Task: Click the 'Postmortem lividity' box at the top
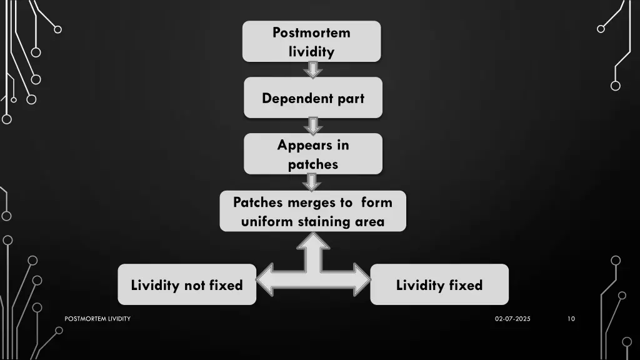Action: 311,41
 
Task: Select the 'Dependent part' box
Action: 312,97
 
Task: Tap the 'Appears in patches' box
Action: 312,154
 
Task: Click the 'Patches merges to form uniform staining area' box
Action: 312,211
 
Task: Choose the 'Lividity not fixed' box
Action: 187,285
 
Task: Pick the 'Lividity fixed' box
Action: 439,285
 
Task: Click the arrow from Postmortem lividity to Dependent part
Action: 312,69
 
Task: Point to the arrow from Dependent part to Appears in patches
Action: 312,126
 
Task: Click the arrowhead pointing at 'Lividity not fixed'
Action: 266,278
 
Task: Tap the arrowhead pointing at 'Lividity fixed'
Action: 361,278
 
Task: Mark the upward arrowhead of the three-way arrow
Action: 313,241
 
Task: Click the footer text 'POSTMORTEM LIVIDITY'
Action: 97,319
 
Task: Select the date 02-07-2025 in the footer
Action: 512,319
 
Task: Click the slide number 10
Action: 571,319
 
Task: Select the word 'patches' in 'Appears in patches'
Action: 312,165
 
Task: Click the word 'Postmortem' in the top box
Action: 311,32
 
